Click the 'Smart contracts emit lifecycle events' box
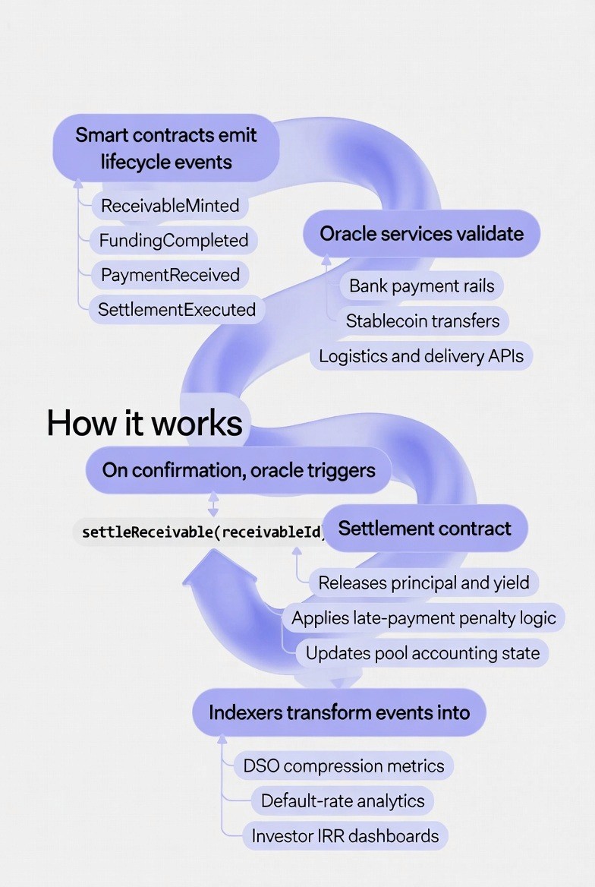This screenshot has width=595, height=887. (165, 148)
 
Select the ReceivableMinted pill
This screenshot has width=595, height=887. (170, 206)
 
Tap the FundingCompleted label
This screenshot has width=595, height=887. (174, 241)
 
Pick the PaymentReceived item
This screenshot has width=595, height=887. (170, 275)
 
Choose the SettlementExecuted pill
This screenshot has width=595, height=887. (177, 310)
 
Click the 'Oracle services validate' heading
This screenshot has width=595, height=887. (421, 233)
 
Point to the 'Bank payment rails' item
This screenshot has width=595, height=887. (421, 286)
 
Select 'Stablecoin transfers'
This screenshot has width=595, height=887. (423, 321)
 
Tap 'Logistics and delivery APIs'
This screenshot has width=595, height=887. (421, 356)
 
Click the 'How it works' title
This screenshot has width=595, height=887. (144, 422)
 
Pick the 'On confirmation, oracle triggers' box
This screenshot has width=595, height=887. (238, 470)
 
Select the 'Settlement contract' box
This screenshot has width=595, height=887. (425, 529)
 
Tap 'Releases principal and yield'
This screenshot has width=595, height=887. (423, 583)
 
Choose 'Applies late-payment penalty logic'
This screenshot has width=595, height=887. (423, 618)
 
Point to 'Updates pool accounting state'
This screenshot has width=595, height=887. (423, 653)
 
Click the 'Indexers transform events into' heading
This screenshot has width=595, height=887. (339, 712)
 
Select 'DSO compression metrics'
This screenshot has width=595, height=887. (344, 765)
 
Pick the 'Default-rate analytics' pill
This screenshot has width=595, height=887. (343, 800)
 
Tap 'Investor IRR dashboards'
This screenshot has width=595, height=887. (345, 836)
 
